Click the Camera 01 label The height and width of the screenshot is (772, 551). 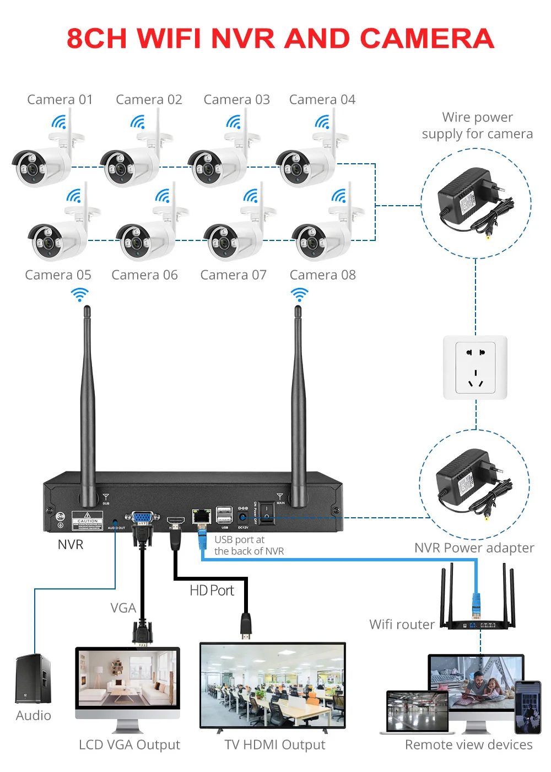click(x=60, y=100)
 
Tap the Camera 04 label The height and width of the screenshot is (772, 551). click(x=322, y=100)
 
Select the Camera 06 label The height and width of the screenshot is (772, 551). click(x=144, y=275)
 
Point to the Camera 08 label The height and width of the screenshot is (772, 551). click(x=322, y=275)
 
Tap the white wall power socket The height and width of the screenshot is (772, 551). click(x=475, y=367)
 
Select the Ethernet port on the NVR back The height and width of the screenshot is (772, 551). click(x=202, y=516)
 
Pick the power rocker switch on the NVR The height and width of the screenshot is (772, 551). click(x=266, y=513)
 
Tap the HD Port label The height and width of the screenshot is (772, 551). click(x=212, y=591)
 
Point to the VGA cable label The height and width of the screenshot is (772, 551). click(x=123, y=608)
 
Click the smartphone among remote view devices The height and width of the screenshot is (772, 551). click(x=527, y=707)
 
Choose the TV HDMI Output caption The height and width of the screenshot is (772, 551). click(x=274, y=745)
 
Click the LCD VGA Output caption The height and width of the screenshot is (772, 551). click(x=129, y=745)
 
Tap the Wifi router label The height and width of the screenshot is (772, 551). click(x=402, y=624)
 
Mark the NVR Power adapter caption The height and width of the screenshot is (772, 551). click(x=474, y=548)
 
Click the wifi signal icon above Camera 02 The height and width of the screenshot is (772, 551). click(x=138, y=122)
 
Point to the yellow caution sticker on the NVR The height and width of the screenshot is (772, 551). click(x=87, y=521)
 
